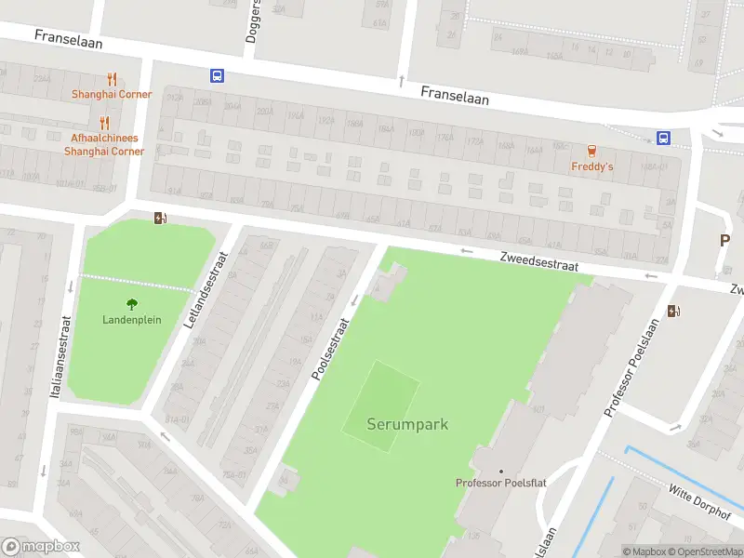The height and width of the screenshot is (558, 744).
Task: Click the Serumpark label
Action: point(407,424)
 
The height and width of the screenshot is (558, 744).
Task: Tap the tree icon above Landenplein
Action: point(132,303)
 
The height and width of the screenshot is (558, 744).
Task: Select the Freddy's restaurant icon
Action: point(591,151)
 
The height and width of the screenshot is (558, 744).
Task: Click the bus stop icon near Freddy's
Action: point(663,139)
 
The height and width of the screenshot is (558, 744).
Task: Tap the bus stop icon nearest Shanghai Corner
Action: point(217,76)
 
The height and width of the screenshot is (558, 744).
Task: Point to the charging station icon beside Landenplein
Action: point(160,218)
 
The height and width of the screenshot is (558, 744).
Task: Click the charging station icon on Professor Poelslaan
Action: point(673,312)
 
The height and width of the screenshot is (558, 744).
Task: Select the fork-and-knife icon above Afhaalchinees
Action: point(104,122)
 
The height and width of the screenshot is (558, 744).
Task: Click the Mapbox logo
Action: point(41,546)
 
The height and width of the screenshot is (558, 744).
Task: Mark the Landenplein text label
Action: point(132,320)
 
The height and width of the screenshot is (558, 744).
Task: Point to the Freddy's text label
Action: point(591,167)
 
